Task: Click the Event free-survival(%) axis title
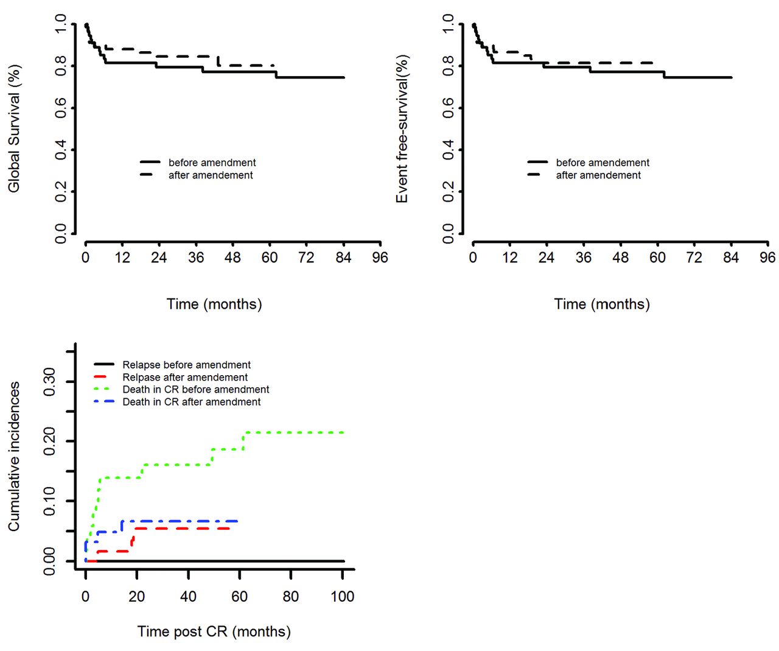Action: coord(402,128)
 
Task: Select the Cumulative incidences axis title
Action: coord(13,456)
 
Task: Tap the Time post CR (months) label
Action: coord(214,632)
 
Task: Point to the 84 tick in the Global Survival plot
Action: coord(343,258)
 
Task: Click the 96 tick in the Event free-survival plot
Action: coord(767,258)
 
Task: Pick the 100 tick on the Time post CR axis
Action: coord(342,596)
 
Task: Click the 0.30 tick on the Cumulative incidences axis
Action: coord(50,382)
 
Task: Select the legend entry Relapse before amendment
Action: coord(186,365)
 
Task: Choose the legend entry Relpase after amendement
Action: coord(185,378)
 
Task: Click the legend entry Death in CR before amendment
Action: coord(195,390)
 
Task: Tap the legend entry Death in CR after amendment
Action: coord(191,402)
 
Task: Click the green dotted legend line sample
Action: coord(104,390)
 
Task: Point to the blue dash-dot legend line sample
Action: coord(104,402)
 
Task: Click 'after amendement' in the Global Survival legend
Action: coord(211,175)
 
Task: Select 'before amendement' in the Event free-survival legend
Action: coord(603,163)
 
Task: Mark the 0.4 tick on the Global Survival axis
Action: coord(61,150)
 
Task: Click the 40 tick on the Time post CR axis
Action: coord(188,596)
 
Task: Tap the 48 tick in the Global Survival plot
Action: coord(232,258)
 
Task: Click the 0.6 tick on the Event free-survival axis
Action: coord(449,108)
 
